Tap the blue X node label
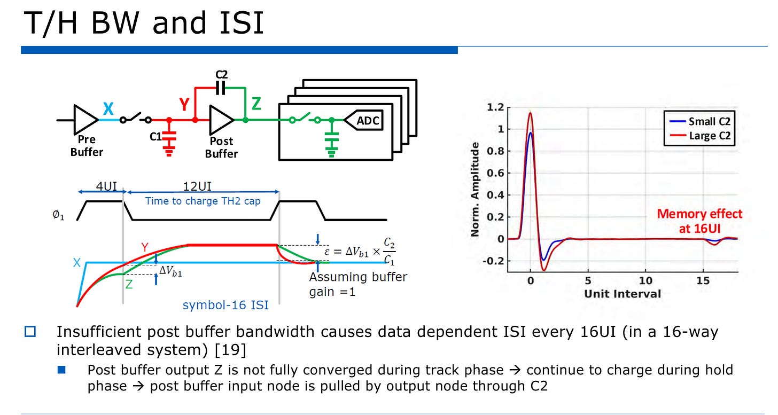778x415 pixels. coord(108,109)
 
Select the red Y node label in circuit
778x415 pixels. coord(185,105)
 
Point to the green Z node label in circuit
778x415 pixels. coord(256,104)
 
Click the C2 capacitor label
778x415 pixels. coord(221,75)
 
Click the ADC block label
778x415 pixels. coord(368,121)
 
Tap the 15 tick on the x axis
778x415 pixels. coord(703,280)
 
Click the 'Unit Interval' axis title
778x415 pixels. coord(622,294)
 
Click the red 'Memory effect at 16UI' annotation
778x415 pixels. coord(699,220)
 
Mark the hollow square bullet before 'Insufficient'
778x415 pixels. coord(30,332)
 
